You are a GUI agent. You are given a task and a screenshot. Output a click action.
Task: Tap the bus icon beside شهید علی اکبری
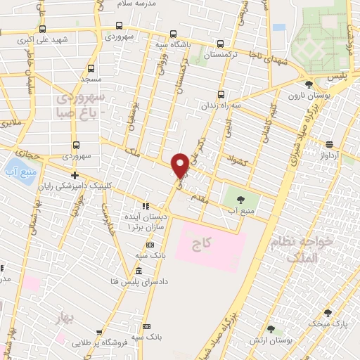coord(44,29)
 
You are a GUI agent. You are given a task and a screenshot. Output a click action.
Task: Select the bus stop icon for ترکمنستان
coord(221,42)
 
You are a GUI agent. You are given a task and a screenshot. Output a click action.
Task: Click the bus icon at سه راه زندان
coord(221,94)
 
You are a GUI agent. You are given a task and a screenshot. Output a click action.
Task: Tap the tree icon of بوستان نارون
coord(309,84)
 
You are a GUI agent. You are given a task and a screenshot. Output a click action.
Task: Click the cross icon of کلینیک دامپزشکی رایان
coord(75,174)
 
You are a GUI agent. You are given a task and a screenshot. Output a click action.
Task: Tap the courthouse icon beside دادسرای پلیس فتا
coord(139,271)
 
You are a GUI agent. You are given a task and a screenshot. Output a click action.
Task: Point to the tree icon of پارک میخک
coord(328,312)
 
